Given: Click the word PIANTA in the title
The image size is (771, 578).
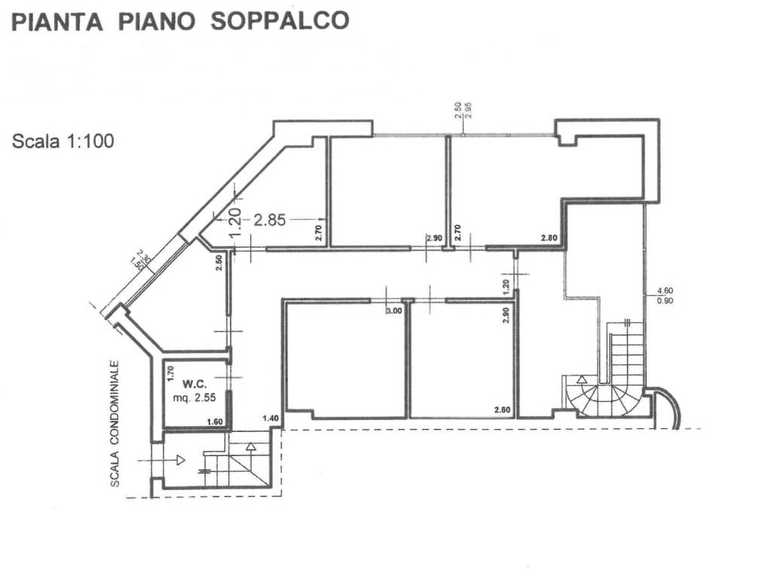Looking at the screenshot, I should point(56,21).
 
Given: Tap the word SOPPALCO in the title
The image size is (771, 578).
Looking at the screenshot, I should point(279,20).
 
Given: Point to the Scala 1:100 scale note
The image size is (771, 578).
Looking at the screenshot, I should point(63,141).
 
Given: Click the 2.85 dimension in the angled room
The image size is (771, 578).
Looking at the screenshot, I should point(270,220).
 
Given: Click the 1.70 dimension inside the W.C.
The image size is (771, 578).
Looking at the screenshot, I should point(170,371).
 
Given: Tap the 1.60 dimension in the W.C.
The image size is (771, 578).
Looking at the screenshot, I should point(215,423).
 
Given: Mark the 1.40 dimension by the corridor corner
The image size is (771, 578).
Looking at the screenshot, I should point(270,418).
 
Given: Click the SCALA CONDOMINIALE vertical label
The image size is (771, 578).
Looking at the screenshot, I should point(115,423).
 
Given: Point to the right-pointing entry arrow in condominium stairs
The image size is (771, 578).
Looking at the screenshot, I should point(180,459).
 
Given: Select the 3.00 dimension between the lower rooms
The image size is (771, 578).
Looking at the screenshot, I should point(394,311).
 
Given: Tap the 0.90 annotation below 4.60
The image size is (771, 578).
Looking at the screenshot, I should point(666,301).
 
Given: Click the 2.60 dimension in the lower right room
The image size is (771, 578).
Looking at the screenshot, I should point(503,410).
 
